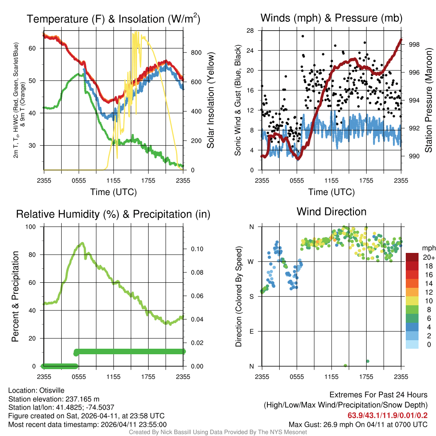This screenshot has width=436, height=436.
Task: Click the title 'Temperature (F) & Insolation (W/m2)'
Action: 113,19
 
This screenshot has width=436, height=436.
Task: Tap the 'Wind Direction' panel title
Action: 331,212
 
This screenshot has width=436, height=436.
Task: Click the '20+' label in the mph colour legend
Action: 427,258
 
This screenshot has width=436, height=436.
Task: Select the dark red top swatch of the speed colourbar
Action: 412,257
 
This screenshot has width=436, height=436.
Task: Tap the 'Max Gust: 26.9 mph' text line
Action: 358,424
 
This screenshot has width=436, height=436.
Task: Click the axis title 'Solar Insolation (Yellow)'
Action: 210,100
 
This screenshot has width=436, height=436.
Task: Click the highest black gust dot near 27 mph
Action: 303,36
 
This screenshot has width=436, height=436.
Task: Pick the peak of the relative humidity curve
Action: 82,244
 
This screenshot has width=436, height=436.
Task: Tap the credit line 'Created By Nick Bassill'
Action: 218,432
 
